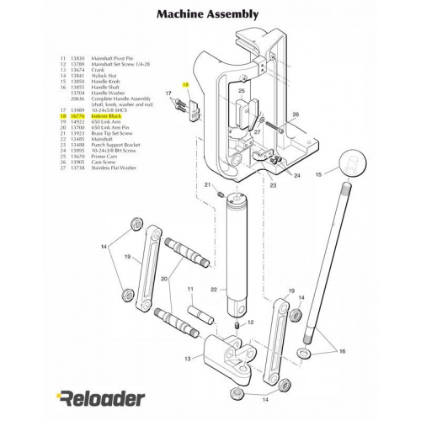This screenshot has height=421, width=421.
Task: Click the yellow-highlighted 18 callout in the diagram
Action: (x=185, y=86)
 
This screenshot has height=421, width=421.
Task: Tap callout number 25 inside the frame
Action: (x=241, y=91)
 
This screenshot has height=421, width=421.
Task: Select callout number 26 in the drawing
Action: (x=296, y=114)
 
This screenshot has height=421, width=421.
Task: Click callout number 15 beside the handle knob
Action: (x=318, y=174)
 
